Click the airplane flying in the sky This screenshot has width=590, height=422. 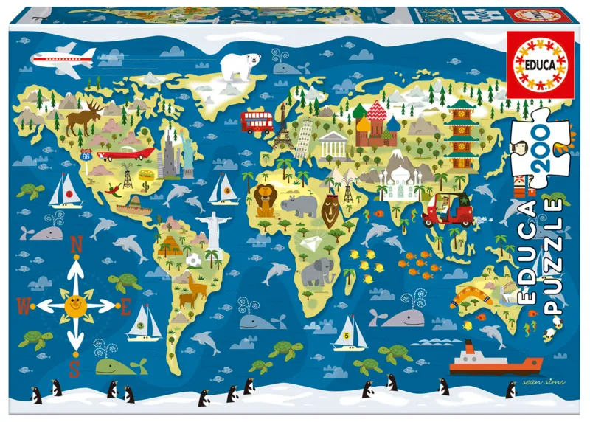[65, 57]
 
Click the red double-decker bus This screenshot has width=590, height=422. [257, 120]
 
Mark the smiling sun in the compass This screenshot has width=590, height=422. [73, 302]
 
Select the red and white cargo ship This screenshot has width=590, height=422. [495, 360]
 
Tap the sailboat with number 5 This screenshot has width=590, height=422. [350, 333]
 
